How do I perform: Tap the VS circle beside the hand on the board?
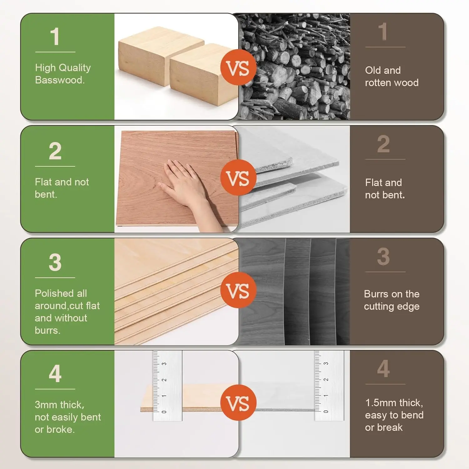point(238,178)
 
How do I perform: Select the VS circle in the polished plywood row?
point(238,290)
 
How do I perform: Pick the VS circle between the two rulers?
point(238,402)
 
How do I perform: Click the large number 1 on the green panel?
point(55,37)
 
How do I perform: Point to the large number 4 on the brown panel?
point(383,369)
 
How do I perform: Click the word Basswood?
point(59,80)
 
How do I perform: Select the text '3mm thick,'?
point(59,405)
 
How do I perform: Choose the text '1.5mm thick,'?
point(394,403)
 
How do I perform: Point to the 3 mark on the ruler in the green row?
point(164,364)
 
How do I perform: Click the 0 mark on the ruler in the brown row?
point(326,411)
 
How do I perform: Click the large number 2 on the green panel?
point(55,151)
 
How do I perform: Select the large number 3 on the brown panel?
point(383,256)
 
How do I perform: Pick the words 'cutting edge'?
point(391,306)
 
